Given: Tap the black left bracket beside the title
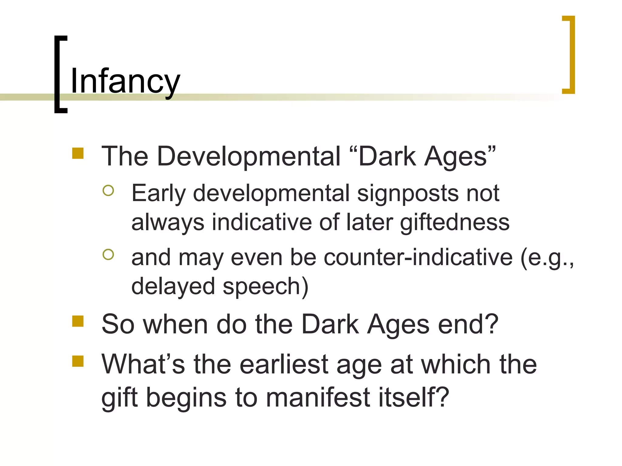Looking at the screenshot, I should tap(58, 74).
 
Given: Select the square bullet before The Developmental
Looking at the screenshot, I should tap(78, 154).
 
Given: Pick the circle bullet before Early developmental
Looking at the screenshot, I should tap(108, 191).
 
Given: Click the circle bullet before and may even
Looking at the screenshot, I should tap(108, 254).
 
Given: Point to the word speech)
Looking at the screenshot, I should tap(265, 286).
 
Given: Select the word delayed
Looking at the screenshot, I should tap(173, 286).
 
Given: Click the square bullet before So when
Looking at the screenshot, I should tap(78, 321).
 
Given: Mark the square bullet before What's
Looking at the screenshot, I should tap(78, 361).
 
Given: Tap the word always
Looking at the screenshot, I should tap(168, 222).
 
